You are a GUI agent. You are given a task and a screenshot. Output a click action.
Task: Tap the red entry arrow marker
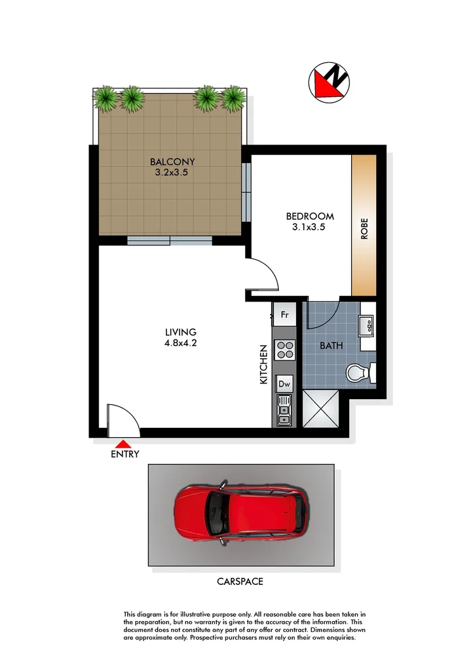coord(125,445)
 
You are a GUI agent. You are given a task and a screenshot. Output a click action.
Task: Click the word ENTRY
coord(125,455)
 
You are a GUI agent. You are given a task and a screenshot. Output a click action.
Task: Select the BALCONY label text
coord(172,162)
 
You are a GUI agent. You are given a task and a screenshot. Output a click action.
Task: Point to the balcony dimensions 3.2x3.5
coord(172,173)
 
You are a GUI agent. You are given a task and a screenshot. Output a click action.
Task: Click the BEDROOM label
coord(310,216)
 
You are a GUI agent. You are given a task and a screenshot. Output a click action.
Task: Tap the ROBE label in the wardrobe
coord(364,229)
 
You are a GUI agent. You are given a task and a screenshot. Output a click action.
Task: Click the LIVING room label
coord(181,332)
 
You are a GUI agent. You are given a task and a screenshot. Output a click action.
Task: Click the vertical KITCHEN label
coord(264,364)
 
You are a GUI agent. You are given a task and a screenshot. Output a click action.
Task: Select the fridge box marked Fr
coord(284,315)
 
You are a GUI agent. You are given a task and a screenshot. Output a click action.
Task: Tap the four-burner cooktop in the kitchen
coord(284,351)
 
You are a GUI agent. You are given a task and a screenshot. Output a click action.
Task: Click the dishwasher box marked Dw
coord(284,384)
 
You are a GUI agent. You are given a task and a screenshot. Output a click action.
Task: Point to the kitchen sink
coord(284,410)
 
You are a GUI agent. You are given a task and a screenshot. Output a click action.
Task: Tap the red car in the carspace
coord(241,514)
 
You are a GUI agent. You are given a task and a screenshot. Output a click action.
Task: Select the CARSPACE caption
coord(240,581)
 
